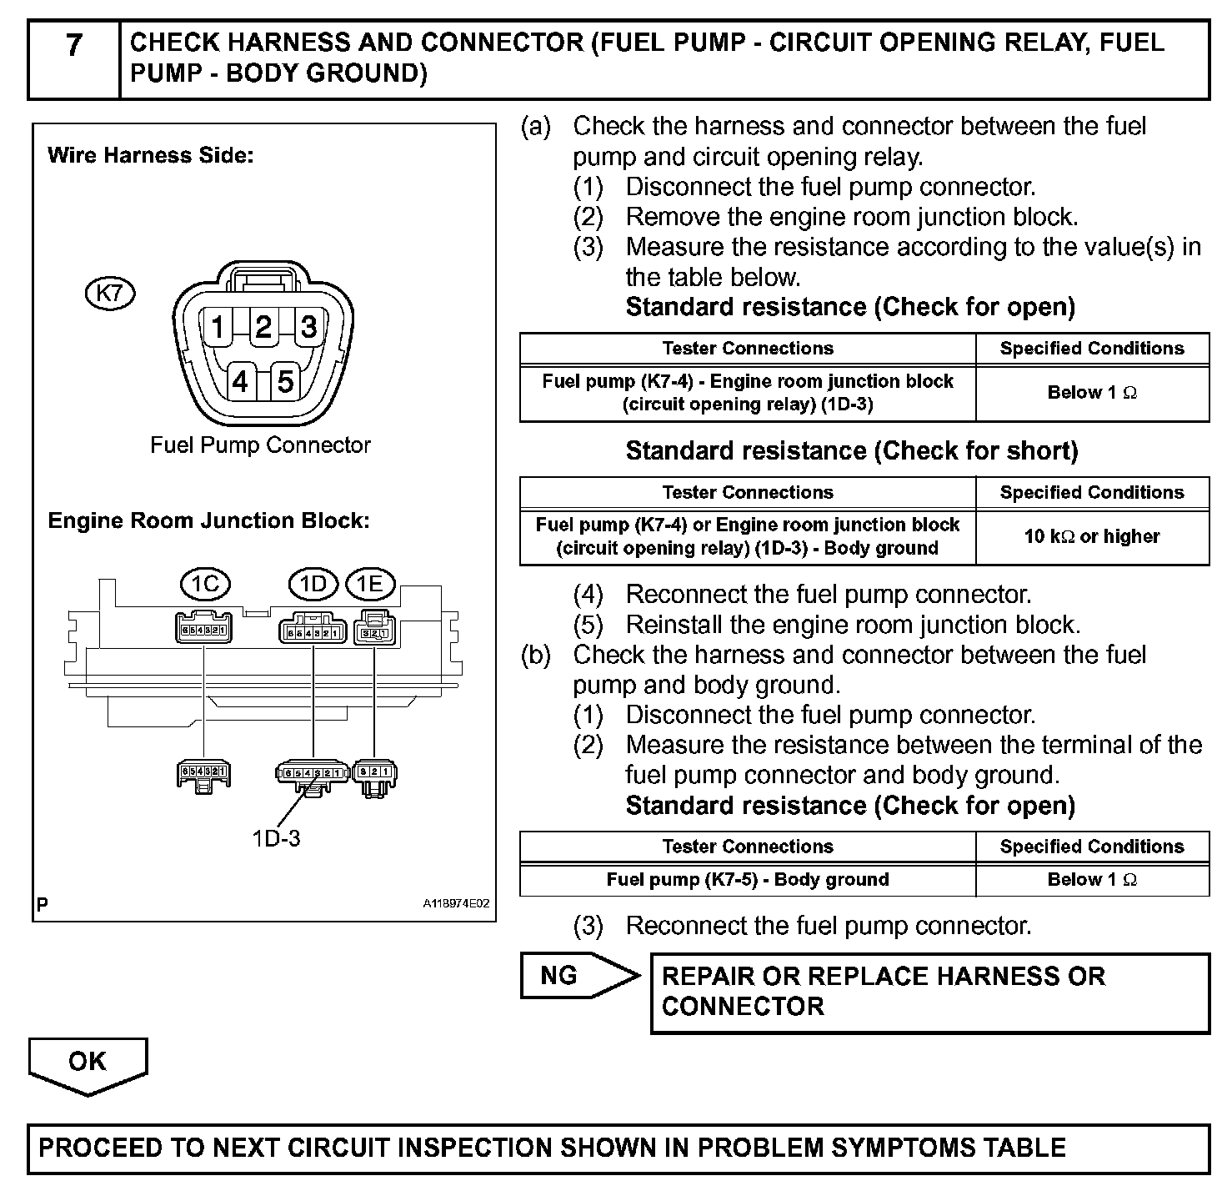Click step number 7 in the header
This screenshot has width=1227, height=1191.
click(74, 45)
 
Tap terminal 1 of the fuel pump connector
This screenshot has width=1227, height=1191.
click(218, 326)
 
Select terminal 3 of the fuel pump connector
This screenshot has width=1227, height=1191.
click(308, 326)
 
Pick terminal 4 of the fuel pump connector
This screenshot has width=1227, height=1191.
click(240, 380)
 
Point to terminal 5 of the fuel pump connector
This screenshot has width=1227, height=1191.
click(285, 380)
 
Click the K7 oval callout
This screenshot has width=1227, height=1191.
click(110, 293)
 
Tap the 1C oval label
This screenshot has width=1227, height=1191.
click(204, 584)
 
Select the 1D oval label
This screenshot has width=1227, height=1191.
click(313, 584)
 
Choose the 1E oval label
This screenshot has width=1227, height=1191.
click(369, 584)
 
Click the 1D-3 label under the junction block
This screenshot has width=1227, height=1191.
click(276, 838)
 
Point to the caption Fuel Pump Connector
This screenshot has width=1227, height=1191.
click(260, 445)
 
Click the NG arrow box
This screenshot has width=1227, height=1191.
click(575, 975)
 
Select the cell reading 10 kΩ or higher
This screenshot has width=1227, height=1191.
click(1092, 536)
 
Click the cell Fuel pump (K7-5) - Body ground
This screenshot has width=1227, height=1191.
click(748, 879)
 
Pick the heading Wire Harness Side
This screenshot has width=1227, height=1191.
click(150, 155)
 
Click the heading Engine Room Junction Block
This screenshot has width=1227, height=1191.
click(208, 520)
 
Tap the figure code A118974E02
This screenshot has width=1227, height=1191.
click(456, 903)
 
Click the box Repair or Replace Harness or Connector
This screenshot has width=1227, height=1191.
click(929, 992)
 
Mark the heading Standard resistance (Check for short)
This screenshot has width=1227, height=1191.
click(852, 451)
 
